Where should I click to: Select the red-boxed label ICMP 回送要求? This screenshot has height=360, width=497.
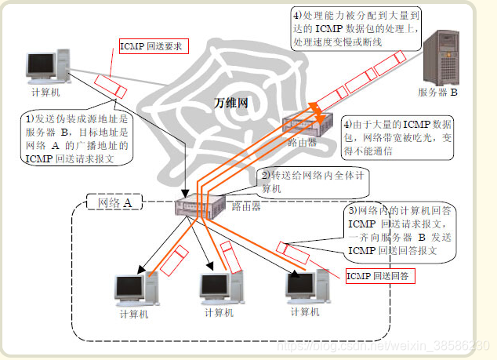[x=151, y=47]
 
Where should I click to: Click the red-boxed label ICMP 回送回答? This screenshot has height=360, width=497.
[x=380, y=276]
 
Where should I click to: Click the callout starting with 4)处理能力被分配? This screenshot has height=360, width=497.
[x=356, y=27]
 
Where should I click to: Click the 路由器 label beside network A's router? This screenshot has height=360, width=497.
[x=247, y=207]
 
